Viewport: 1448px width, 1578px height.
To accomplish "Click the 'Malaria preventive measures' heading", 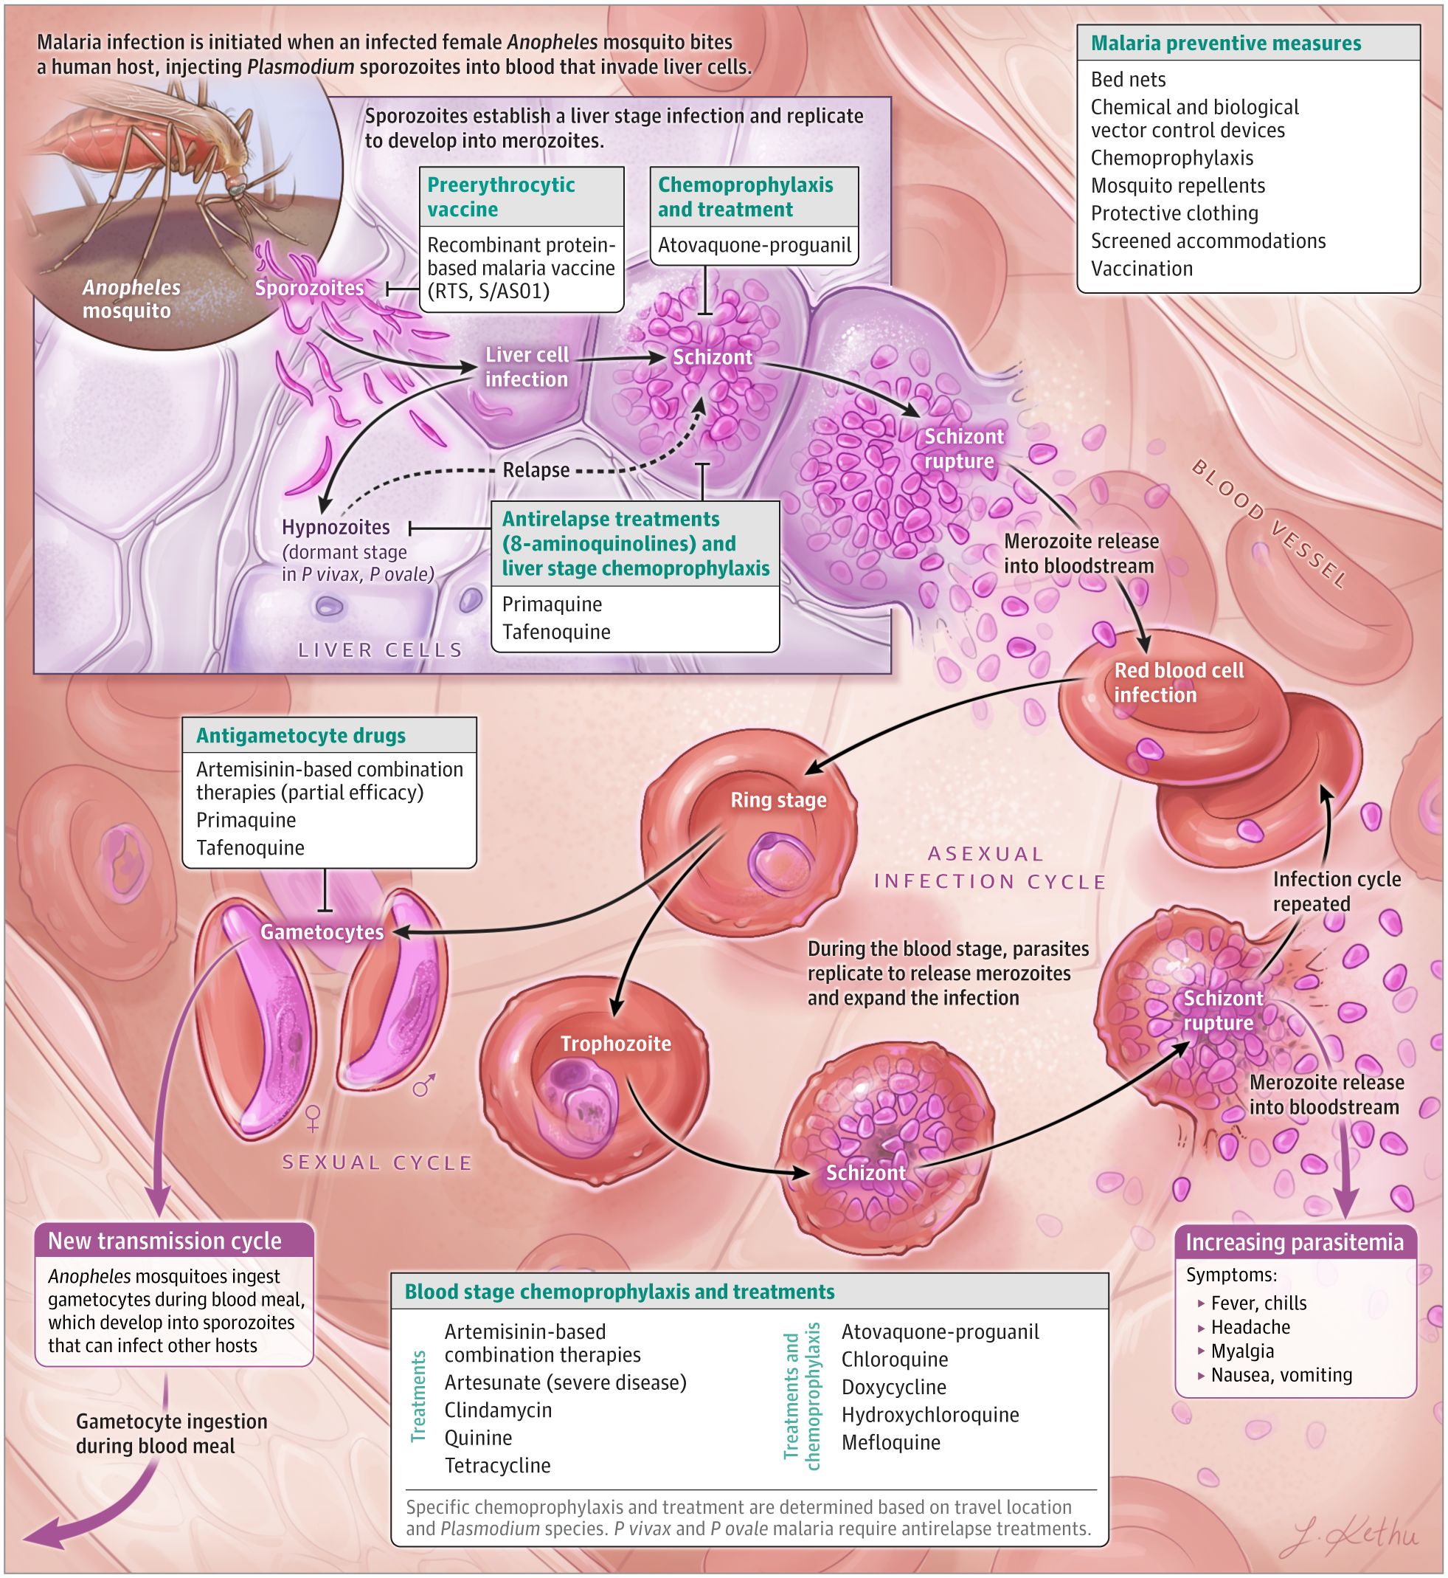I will [x=1225, y=44].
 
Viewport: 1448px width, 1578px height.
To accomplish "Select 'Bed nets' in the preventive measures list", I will [x=1128, y=80].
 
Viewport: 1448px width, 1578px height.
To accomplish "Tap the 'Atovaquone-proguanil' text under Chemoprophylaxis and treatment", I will [x=754, y=245].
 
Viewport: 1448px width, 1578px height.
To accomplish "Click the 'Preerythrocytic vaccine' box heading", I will [x=502, y=197].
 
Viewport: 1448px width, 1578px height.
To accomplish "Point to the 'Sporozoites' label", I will [x=309, y=288].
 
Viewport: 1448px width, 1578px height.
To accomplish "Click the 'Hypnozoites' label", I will [x=336, y=528].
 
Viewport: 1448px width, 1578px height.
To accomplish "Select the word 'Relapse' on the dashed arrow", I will [x=536, y=470].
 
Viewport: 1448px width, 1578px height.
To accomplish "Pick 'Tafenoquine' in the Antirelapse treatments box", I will [x=556, y=632].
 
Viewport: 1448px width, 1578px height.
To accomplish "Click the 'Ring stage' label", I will [x=778, y=799].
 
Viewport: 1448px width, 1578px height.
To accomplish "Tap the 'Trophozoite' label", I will [x=615, y=1044].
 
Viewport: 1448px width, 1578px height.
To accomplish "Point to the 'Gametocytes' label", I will [x=322, y=932].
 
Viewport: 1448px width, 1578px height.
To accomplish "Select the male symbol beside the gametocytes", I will [x=424, y=1085].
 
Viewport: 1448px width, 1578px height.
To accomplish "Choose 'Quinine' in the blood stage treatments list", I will [x=478, y=1438].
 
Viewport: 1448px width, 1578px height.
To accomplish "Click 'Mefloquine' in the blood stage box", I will [x=890, y=1442].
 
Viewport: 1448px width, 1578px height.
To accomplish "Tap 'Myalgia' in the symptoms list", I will [x=1242, y=1351].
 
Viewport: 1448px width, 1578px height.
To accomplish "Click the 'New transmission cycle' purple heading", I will [x=164, y=1241].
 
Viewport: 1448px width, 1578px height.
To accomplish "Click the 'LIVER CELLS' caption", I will [x=381, y=650].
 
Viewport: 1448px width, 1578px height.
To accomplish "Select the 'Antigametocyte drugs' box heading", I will [x=301, y=735].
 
